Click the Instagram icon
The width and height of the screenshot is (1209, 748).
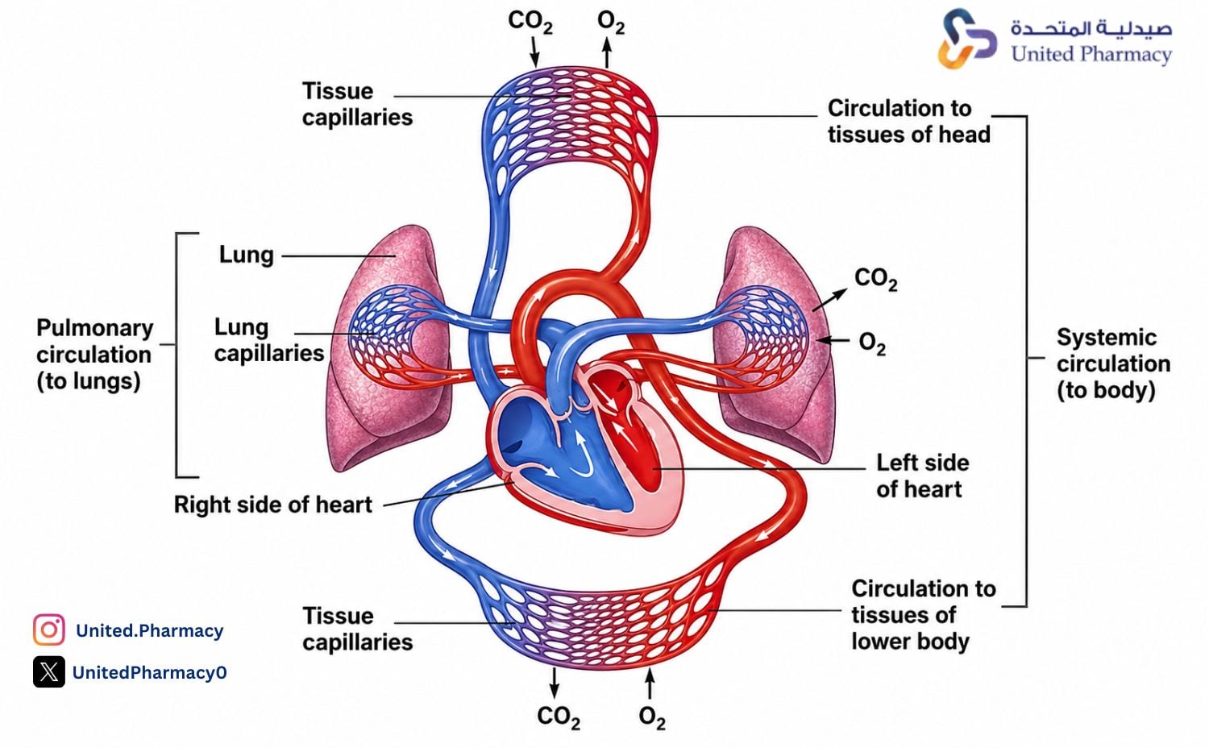[49, 630]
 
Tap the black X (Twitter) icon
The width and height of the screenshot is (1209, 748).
[49, 672]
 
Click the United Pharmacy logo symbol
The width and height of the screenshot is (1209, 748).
[967, 39]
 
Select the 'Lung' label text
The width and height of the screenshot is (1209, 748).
[246, 255]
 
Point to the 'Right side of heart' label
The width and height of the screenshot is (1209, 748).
[273, 505]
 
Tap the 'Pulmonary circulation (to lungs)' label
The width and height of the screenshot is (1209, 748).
[95, 355]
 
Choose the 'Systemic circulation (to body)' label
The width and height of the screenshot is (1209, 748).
[1113, 364]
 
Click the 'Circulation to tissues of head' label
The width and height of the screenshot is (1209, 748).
[909, 122]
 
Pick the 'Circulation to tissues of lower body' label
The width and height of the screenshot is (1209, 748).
[924, 615]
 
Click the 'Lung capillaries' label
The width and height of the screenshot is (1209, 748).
[268, 340]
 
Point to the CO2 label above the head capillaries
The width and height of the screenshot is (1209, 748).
[530, 22]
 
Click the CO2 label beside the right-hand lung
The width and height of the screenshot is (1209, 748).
[875, 280]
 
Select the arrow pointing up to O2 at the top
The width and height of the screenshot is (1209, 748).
[607, 53]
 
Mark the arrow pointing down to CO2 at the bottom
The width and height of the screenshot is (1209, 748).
[554, 683]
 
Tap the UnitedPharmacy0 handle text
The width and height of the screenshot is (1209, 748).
[149, 672]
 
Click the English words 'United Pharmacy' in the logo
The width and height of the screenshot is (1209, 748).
[1091, 55]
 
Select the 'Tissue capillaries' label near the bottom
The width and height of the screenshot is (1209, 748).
[357, 630]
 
